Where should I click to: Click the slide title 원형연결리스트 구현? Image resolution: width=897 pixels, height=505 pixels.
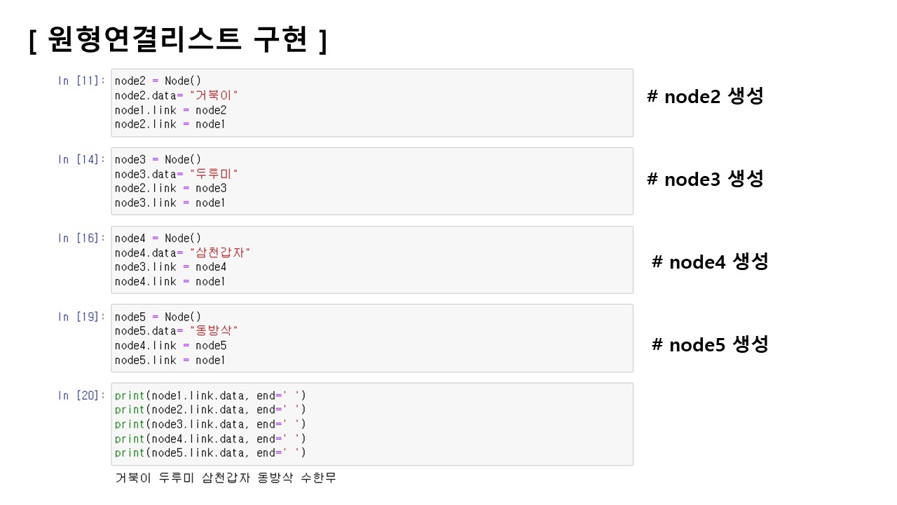pos(178,41)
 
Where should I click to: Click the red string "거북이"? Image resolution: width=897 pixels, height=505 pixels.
pos(214,95)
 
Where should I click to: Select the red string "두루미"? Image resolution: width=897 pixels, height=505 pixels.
pos(214,174)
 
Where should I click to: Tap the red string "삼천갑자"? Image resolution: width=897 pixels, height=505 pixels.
pos(219,252)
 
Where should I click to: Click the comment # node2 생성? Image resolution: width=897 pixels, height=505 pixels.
pos(704,97)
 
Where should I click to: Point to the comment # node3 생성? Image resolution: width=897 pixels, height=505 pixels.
pos(704,179)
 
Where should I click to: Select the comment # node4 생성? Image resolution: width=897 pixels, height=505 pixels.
pos(709,262)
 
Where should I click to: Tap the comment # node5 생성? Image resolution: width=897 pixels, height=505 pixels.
pos(709,344)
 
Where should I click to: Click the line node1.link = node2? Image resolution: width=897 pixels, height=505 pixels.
pos(170,110)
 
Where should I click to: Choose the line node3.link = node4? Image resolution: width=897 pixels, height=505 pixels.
pos(170,267)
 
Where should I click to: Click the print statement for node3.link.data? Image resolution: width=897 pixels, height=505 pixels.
pos(210,424)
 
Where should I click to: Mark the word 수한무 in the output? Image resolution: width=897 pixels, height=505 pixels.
pos(318,478)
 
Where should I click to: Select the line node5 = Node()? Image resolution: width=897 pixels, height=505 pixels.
pos(158,317)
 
